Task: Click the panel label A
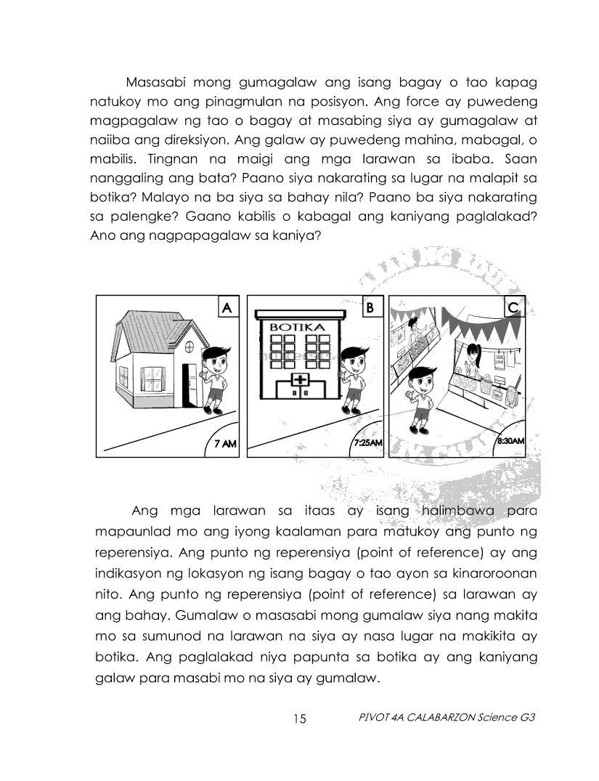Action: pyautogui.click(x=227, y=308)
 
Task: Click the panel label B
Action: pyautogui.click(x=370, y=308)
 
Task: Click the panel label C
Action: pyautogui.click(x=513, y=309)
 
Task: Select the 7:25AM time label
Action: pyautogui.click(x=368, y=442)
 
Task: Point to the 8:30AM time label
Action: pyautogui.click(x=510, y=441)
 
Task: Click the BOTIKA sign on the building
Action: pyautogui.click(x=297, y=327)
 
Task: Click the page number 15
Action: pyautogui.click(x=300, y=719)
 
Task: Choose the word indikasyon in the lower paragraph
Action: pyautogui.click(x=127, y=573)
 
